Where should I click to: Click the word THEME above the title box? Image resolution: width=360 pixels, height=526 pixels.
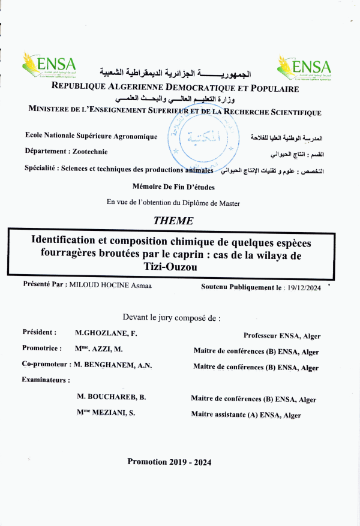tap(173, 221)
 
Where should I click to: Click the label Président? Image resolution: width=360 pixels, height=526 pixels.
tap(40, 332)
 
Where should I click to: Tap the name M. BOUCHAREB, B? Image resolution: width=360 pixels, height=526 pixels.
tap(112, 398)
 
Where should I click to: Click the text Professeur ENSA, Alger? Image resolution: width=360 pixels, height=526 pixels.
tap(281, 336)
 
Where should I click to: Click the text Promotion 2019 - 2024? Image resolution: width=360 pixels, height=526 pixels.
tap(169, 462)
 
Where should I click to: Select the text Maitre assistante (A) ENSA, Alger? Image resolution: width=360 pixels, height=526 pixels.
tap(246, 415)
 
